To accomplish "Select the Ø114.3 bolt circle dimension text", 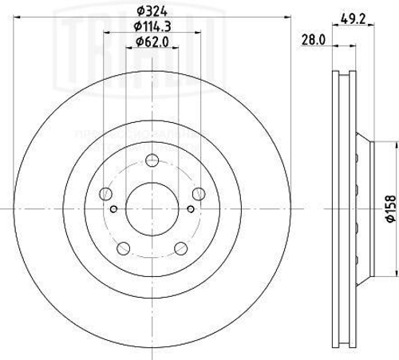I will coord(152,28).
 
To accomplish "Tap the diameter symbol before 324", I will coord(140,10).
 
